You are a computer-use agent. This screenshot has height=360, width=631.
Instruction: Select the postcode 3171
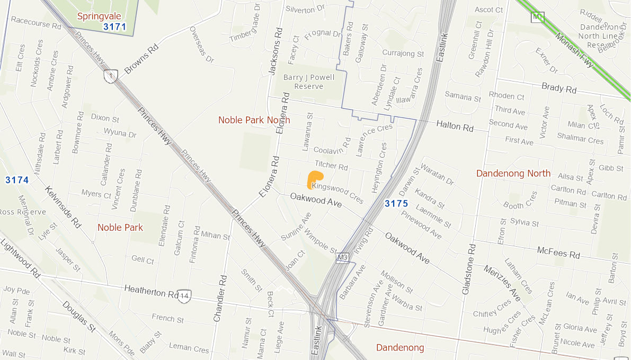[x=114, y=26]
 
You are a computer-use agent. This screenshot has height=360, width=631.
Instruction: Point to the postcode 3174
[x=17, y=180]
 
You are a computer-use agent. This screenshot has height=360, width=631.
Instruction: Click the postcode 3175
[x=396, y=203]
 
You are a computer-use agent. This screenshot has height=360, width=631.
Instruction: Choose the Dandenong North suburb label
[x=513, y=174]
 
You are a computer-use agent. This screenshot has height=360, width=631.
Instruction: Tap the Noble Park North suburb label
[x=254, y=120]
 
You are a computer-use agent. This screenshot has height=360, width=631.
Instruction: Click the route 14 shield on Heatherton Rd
[x=184, y=295]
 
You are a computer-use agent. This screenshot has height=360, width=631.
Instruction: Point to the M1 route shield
[x=538, y=17]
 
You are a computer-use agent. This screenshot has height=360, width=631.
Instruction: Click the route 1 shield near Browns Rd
[x=110, y=76]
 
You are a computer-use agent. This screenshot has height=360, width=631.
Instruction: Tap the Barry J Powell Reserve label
[x=309, y=82]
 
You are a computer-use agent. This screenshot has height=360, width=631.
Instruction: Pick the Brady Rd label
[x=558, y=88]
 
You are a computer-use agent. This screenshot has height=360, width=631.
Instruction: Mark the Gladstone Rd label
[x=468, y=269]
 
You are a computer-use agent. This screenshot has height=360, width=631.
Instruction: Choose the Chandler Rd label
[x=220, y=298]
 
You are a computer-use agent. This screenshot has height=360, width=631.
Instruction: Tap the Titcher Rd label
[x=331, y=166]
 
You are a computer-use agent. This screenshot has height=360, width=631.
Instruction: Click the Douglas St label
[x=78, y=317]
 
